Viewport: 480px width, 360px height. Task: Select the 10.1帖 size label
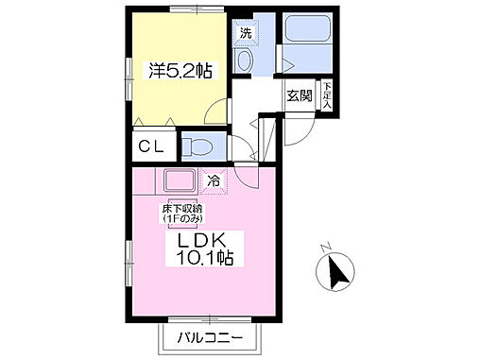(201, 256)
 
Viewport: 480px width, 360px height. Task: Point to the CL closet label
(150, 146)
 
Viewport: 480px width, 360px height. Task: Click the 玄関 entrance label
(300, 94)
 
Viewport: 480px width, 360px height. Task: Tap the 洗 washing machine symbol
(246, 33)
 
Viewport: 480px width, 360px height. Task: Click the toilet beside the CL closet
(198, 146)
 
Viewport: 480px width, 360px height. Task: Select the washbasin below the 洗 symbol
(245, 61)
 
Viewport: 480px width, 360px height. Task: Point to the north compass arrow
(334, 274)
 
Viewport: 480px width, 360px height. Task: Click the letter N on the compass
(323, 249)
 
